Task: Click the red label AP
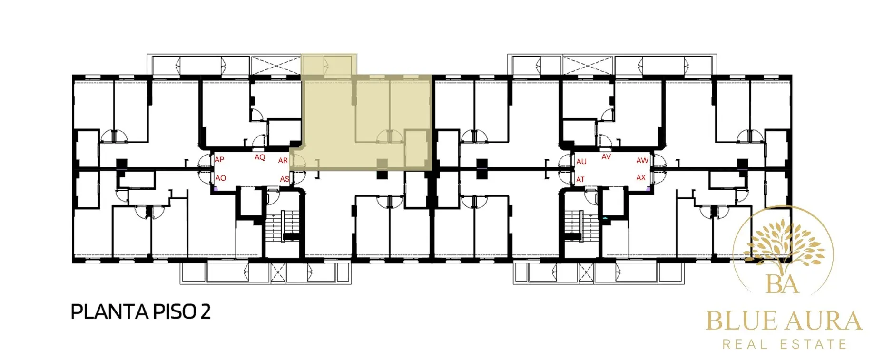(x=219, y=160)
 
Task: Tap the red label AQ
(x=260, y=157)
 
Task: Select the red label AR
(x=283, y=161)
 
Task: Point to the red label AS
(x=285, y=179)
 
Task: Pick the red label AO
(x=221, y=178)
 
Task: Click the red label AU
(x=581, y=162)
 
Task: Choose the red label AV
(x=606, y=156)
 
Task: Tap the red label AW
(x=642, y=161)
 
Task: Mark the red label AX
(x=641, y=177)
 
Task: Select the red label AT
(x=580, y=180)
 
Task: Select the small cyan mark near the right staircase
(x=605, y=218)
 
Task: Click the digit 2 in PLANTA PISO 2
(x=205, y=312)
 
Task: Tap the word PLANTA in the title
(x=109, y=312)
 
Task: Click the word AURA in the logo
(x=824, y=321)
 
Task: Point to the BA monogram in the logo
(x=783, y=284)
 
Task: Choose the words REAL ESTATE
(x=785, y=344)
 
